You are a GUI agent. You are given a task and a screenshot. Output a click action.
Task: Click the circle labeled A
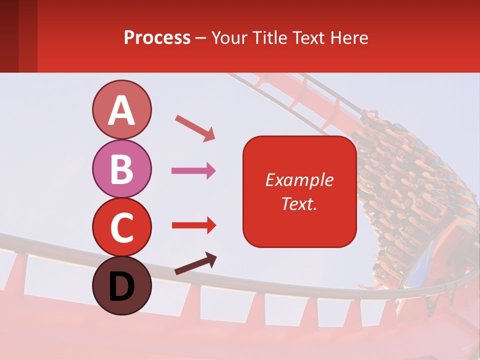(x=121, y=109)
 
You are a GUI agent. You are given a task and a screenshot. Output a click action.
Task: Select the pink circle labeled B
(x=121, y=168)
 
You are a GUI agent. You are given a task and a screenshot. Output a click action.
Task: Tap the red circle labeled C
(x=121, y=227)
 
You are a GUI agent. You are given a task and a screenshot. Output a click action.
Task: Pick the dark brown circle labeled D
(x=121, y=285)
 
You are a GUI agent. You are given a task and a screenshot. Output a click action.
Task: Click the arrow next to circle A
(x=195, y=128)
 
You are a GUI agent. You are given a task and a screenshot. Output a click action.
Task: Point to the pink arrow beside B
(x=193, y=171)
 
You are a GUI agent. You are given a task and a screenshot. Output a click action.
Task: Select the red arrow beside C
(x=193, y=225)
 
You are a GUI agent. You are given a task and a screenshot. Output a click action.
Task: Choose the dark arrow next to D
(x=195, y=263)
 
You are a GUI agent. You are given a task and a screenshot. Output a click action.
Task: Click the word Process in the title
(x=157, y=38)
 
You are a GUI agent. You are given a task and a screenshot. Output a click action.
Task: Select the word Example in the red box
(x=299, y=180)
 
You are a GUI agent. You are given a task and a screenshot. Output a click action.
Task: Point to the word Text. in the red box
(x=299, y=203)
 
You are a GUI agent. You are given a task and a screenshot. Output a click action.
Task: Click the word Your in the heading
(x=228, y=38)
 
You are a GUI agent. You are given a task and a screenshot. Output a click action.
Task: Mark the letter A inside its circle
(x=121, y=110)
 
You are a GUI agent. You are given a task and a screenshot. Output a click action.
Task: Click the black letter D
(x=121, y=286)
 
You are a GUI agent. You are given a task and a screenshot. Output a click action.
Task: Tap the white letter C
(x=121, y=227)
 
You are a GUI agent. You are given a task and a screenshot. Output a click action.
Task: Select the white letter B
(x=121, y=169)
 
